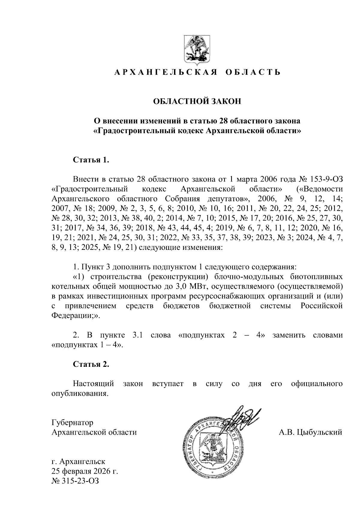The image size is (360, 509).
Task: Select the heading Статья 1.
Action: coord(90,160)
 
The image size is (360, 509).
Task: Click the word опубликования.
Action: coord(79,394)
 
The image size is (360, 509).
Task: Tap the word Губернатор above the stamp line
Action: coord(72,423)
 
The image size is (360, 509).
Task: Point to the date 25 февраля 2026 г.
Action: coord(85,471)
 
